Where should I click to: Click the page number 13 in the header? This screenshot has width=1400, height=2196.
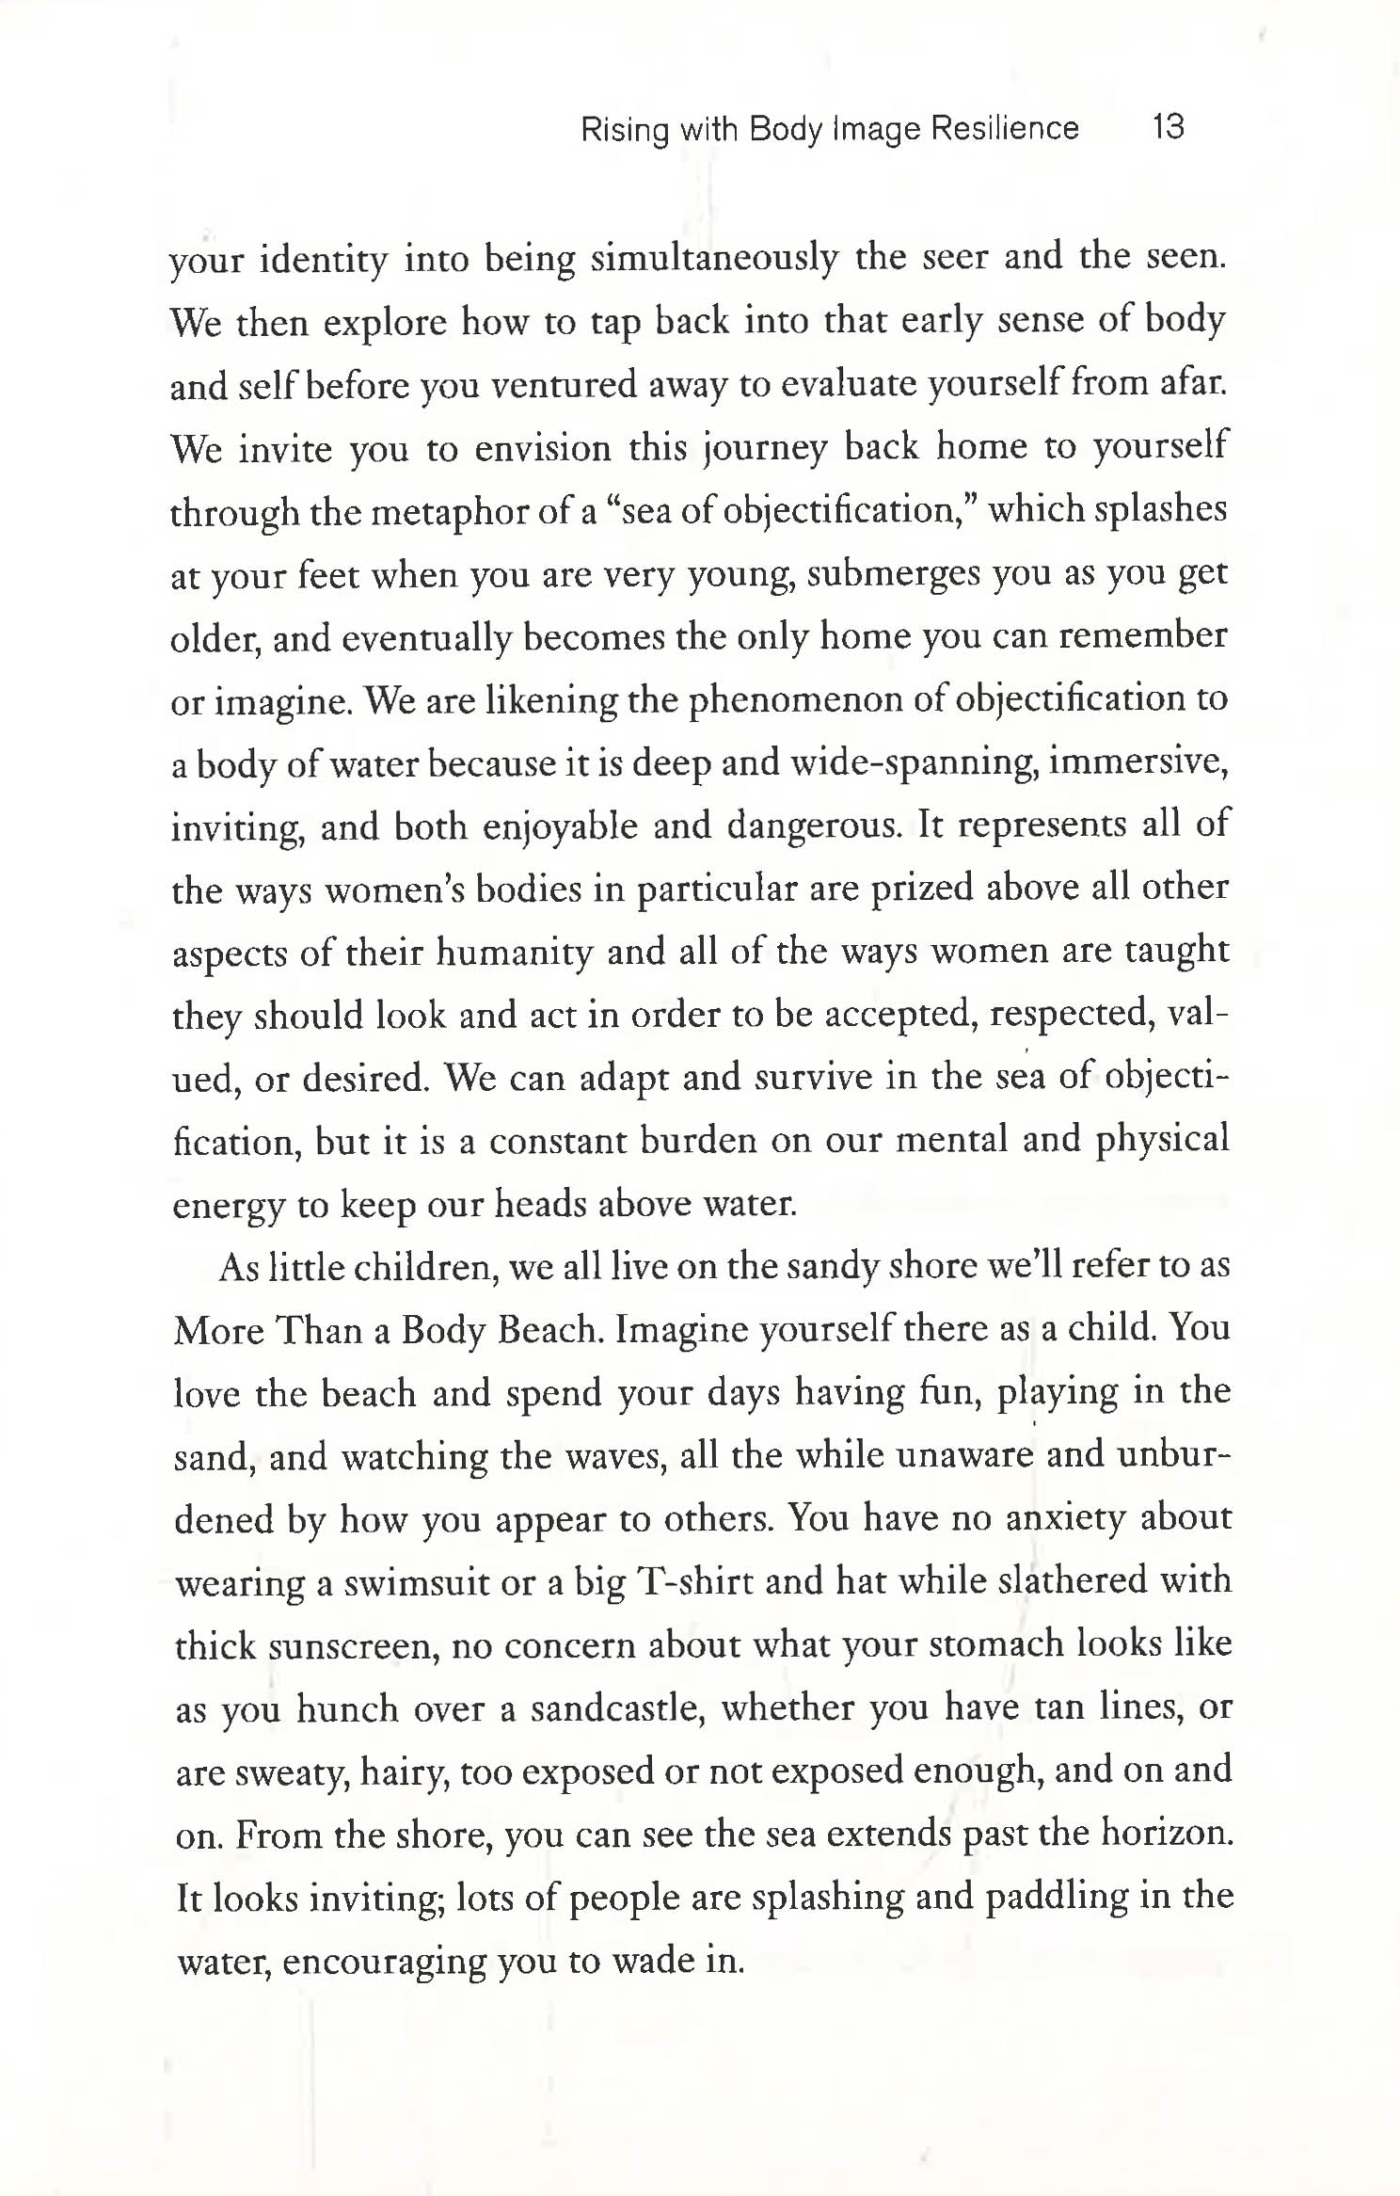coord(1168,126)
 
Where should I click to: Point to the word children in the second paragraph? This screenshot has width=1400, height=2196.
coord(424,1268)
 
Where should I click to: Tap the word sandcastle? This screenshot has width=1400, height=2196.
coord(617,1708)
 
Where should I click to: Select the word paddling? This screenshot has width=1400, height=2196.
coord(1056,1897)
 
